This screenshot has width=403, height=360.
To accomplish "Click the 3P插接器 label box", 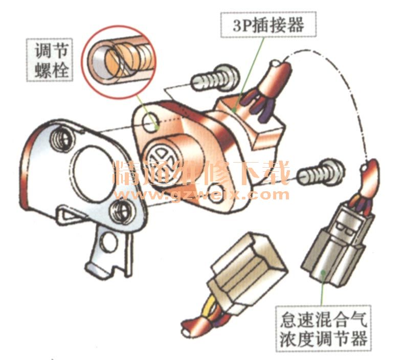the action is point(268,25).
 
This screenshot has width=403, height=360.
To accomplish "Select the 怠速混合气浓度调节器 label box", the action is point(324,329).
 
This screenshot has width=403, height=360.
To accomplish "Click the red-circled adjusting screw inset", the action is point(119,62).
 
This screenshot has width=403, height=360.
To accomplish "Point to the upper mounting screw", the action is point(215,78).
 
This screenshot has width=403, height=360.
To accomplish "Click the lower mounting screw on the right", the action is point(321,172).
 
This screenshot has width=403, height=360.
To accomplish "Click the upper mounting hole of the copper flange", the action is point(151,122).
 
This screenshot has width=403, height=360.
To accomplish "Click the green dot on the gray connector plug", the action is point(324,272).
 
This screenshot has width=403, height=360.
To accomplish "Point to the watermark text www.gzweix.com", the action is point(202,194).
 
